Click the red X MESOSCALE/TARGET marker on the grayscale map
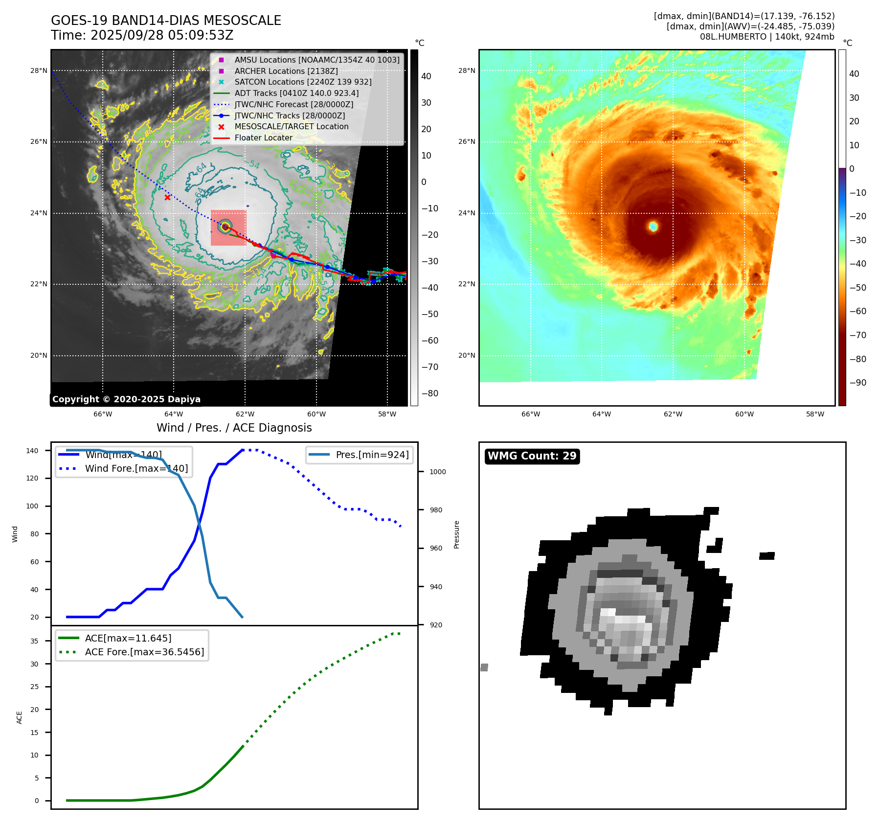[167, 198]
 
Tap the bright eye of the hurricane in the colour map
[653, 226]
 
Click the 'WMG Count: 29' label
[532, 456]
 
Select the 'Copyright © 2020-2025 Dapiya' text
[126, 399]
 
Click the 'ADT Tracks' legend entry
[296, 93]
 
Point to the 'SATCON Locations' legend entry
[303, 82]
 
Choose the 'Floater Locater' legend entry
[263, 138]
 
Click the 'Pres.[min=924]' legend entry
[372, 455]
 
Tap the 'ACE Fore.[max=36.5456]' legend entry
[144, 652]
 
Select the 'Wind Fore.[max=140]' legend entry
[136, 468]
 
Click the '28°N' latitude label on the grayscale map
[39, 70]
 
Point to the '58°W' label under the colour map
[815, 414]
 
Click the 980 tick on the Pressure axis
[436, 510]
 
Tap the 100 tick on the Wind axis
[32, 506]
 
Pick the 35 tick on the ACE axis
[34, 641]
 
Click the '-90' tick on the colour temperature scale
[857, 383]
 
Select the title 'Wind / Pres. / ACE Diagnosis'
[234, 428]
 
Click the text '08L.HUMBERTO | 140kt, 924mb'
[766, 37]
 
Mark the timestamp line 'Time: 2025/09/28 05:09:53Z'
[142, 35]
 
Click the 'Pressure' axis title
[456, 534]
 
